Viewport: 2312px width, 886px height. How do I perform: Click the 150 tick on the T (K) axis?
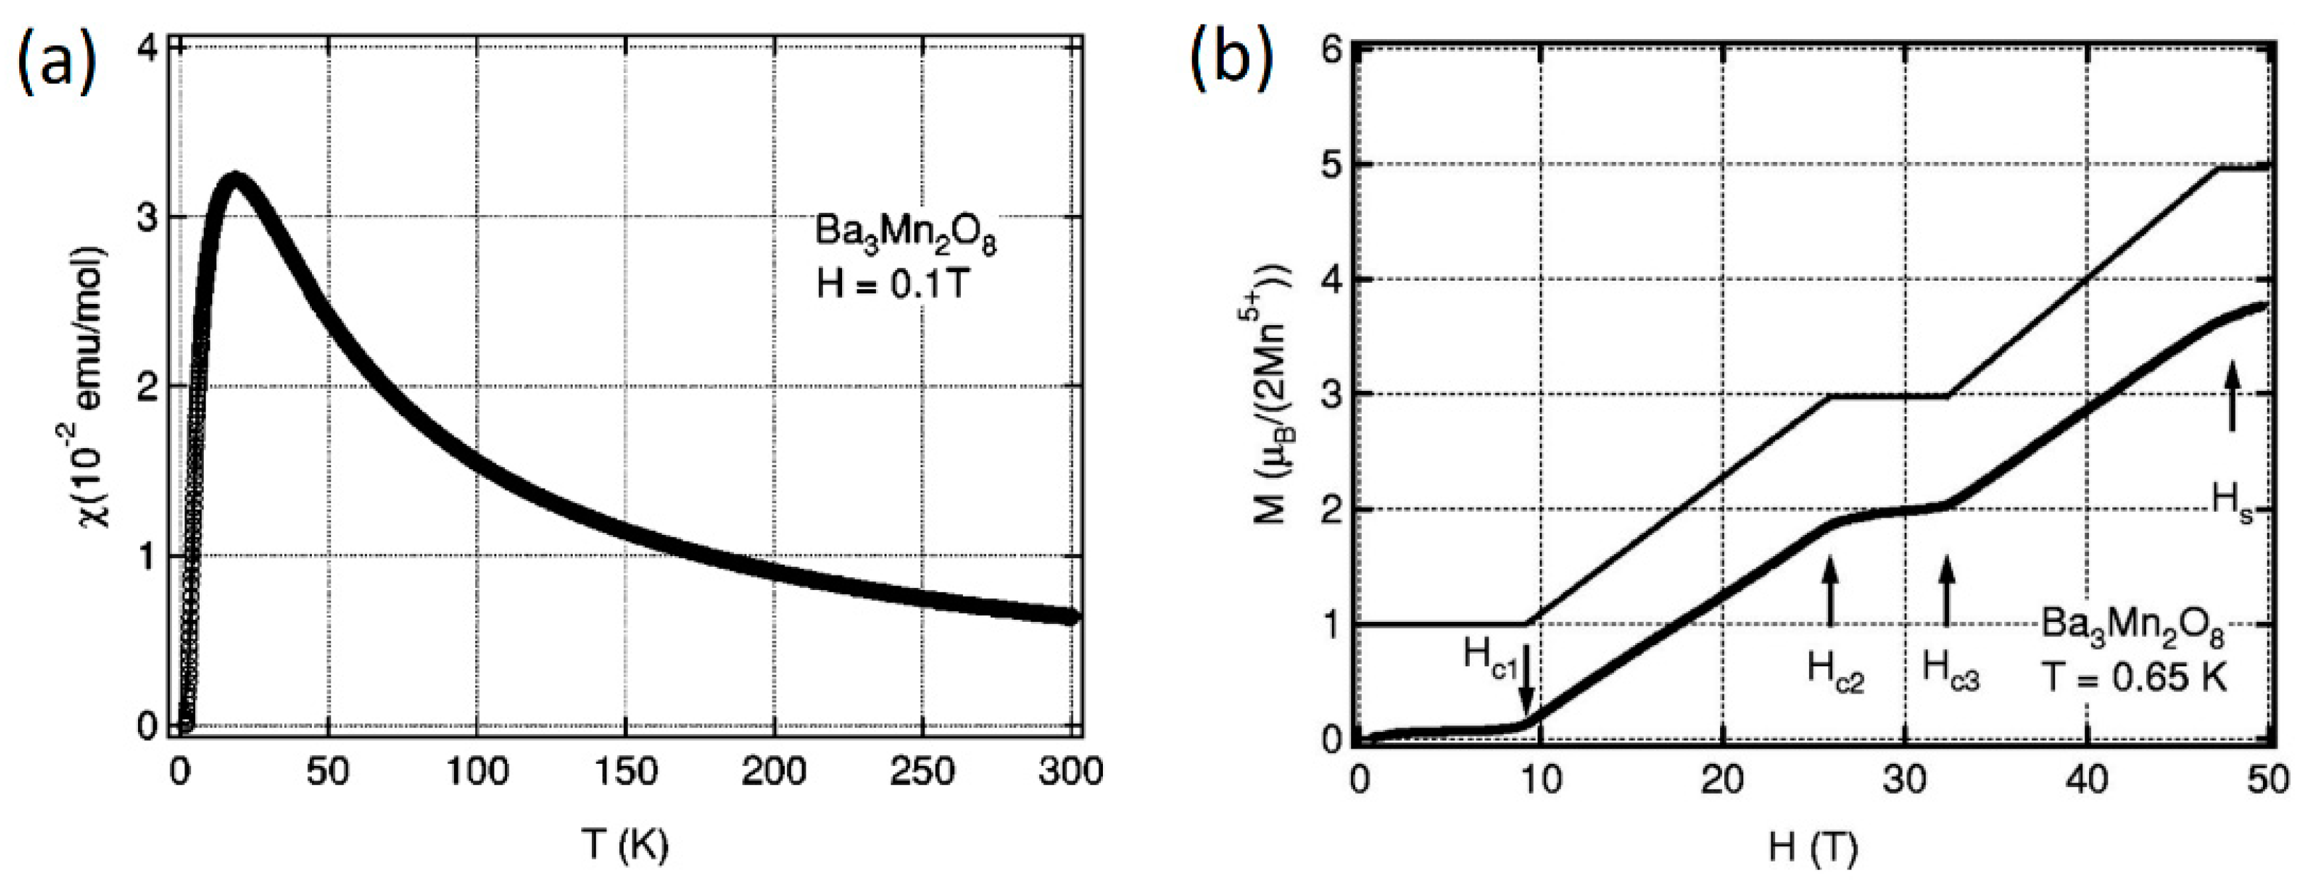[x=626, y=771]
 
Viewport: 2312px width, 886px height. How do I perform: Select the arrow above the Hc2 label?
[x=1831, y=589]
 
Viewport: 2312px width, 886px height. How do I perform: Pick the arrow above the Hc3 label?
[x=1946, y=589]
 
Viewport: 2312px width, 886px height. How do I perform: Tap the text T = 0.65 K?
[x=2134, y=677]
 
